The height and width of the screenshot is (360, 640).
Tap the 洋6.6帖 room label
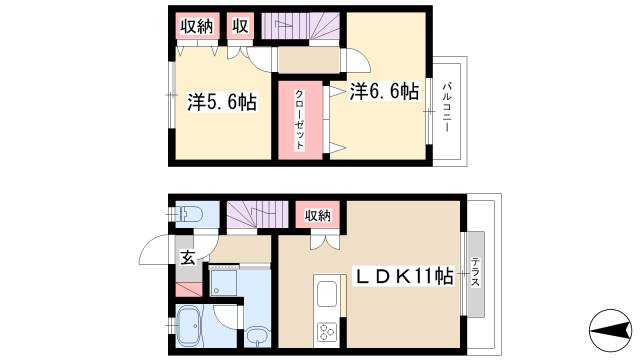coord(384,92)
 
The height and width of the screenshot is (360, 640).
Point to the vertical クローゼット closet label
coord(300,121)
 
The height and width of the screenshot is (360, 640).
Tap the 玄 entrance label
coord(187,258)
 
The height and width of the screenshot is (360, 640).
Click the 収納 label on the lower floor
coord(318,214)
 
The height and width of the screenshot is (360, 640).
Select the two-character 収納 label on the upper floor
coord(195,26)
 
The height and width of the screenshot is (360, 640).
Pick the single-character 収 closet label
coord(241,26)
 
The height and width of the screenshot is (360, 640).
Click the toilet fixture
coord(190,216)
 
